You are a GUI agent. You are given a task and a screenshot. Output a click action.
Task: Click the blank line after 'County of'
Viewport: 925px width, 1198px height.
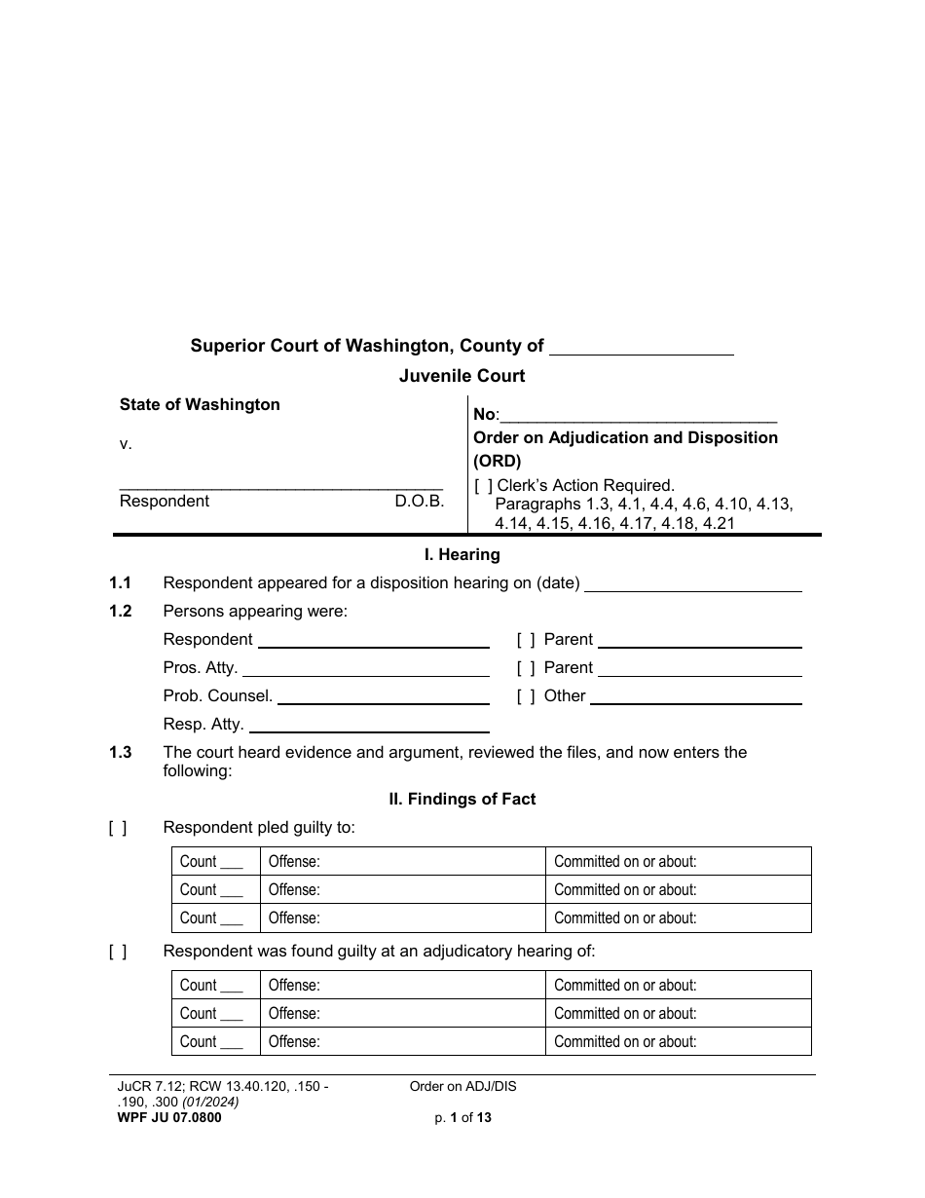click(642, 348)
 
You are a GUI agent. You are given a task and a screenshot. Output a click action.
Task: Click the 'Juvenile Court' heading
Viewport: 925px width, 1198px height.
click(462, 376)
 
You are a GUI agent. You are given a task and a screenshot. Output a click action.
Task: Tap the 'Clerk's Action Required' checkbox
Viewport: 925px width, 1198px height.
click(483, 485)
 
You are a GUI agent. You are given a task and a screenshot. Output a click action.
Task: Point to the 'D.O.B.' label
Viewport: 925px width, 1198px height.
click(419, 502)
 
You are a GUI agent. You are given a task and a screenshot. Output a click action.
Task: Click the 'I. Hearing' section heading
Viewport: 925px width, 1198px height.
click(462, 555)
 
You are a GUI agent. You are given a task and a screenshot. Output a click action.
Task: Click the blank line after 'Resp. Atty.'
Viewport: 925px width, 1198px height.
click(369, 726)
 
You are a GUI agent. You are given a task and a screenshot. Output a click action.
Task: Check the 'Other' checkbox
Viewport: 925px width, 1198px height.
click(526, 696)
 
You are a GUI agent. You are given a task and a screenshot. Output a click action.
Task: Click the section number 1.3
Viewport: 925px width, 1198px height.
click(121, 752)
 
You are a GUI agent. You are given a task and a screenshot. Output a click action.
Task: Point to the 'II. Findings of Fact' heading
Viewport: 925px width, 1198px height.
click(462, 800)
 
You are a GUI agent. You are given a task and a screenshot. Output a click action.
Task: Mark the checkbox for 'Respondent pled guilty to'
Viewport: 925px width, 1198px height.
click(118, 828)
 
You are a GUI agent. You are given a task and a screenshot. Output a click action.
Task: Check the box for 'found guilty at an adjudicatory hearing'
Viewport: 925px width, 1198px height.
click(118, 952)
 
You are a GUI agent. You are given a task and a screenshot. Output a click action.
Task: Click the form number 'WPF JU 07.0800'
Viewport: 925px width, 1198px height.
click(165, 1118)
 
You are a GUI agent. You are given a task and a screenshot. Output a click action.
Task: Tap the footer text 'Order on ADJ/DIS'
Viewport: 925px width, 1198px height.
click(462, 1087)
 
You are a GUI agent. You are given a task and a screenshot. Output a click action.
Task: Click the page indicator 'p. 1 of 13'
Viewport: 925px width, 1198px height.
click(462, 1118)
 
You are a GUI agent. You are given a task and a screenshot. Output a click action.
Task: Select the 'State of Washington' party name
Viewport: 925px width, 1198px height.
click(200, 405)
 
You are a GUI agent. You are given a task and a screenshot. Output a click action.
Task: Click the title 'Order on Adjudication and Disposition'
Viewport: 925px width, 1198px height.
click(625, 438)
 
